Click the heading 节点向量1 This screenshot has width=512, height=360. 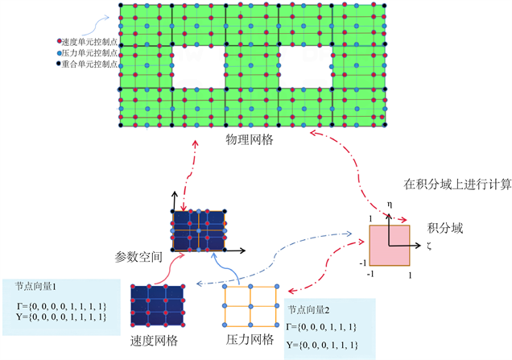pos(35,286)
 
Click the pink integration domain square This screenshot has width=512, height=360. pos(390,246)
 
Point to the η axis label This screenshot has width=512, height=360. pos(390,206)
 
